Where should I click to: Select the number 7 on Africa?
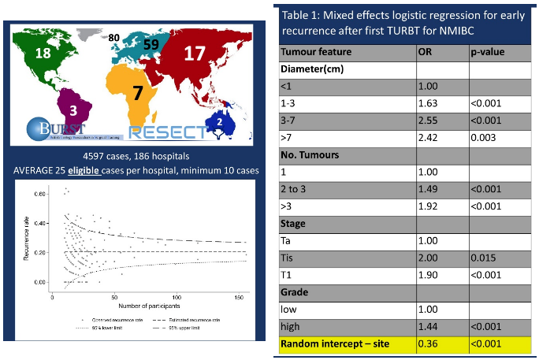137,92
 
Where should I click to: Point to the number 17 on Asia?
194,54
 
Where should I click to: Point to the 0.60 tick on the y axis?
39,192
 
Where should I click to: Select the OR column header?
426,53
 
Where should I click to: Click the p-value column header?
488,53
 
